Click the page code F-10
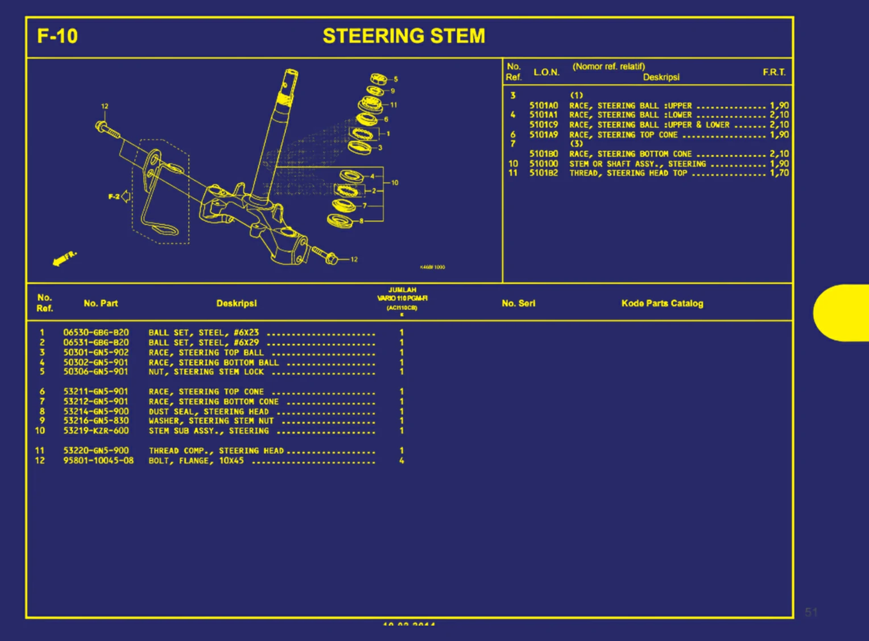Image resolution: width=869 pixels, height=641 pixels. point(57,36)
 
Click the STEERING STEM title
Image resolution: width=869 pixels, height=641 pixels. point(404,36)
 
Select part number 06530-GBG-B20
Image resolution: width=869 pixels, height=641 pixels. point(96,333)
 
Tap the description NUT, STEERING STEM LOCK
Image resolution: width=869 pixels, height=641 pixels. point(206,372)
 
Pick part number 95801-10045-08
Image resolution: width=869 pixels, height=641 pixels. point(98,461)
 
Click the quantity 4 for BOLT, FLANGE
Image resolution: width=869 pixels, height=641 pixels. point(402,461)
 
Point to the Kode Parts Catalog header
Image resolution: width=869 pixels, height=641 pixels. point(662,304)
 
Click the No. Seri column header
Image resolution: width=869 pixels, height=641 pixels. point(518,304)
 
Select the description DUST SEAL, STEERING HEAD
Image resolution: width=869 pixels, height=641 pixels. point(208,412)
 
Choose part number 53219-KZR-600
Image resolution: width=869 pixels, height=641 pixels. point(96,431)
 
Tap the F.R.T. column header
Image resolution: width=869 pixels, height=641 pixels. point(774,72)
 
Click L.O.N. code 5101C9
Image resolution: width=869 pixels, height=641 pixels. point(543,125)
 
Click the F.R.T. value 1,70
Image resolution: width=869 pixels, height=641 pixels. point(779,173)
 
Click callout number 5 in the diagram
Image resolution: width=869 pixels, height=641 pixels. point(396,80)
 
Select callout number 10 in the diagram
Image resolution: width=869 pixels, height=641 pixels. point(395,183)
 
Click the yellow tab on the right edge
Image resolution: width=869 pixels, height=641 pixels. point(842,313)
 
